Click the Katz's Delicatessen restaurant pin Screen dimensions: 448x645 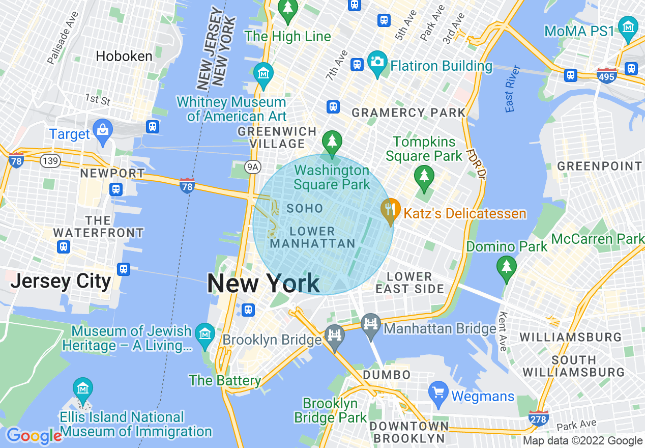[391, 210]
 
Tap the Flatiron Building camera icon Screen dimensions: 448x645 [377, 63]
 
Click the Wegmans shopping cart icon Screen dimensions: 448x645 [438, 393]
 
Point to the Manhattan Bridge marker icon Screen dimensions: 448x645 [371, 324]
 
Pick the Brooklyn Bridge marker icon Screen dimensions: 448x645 [334, 336]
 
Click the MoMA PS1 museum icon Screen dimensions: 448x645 [628, 27]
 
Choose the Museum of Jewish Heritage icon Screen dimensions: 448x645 [205, 334]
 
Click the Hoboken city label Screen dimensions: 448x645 [124, 56]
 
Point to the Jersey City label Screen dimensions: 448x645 [61, 281]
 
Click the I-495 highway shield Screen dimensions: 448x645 [607, 75]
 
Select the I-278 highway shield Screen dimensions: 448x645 [538, 418]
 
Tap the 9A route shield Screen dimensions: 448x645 [252, 166]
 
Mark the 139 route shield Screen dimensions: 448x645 [51, 161]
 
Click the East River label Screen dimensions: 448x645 [513, 89]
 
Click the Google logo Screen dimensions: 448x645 [34, 436]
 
